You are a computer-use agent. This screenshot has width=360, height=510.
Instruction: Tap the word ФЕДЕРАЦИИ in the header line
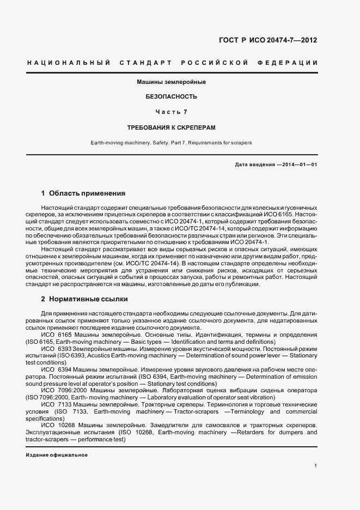(291, 63)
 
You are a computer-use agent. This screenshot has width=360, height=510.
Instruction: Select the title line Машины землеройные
(170, 82)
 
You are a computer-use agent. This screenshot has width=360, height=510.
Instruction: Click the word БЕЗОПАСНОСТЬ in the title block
(171, 96)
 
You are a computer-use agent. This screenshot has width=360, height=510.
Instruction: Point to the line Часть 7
(171, 112)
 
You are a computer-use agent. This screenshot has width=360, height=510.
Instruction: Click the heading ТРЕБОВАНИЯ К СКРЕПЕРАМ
(171, 127)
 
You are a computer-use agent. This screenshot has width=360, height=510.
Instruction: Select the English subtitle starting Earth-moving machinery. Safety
(171, 143)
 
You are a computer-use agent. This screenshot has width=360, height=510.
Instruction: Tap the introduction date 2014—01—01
(298, 165)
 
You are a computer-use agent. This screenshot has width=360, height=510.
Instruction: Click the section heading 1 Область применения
(83, 193)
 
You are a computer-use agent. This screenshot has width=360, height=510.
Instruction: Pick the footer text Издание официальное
(57, 454)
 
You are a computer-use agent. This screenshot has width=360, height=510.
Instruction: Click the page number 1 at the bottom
(316, 466)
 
